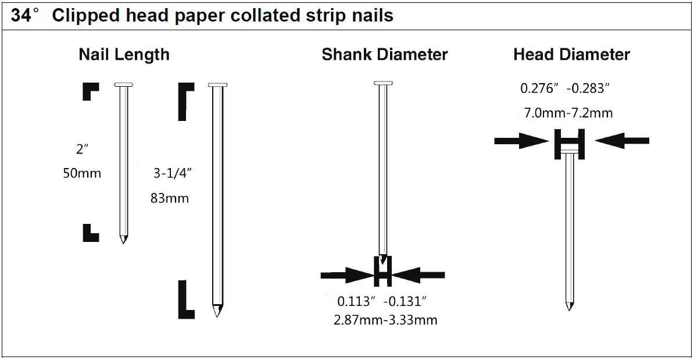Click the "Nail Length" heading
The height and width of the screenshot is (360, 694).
pos(124,55)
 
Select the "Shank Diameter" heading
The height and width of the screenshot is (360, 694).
pos(385,55)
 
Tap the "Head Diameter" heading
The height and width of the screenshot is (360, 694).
pos(571,55)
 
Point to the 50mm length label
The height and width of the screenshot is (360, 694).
pos(82,173)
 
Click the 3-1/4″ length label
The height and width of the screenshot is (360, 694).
pos(172,173)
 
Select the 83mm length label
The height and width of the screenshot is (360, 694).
pos(170,198)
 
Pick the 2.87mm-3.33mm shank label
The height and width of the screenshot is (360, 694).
pos(385,320)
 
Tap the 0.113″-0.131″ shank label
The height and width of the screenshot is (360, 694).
pos(382,301)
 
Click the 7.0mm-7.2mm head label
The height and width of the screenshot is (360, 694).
pos(568,113)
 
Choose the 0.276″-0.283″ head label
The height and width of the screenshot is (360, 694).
pos(565,88)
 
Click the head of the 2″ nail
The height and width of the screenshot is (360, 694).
pos(123,84)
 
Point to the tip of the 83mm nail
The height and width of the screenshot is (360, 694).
pos(217,316)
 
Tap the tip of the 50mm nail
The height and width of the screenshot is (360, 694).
pos(123,243)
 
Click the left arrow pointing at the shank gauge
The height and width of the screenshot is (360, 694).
pos(348,276)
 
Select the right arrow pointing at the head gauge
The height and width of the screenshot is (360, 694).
pos(622,141)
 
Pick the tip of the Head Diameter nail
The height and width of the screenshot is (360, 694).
pos(569,309)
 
